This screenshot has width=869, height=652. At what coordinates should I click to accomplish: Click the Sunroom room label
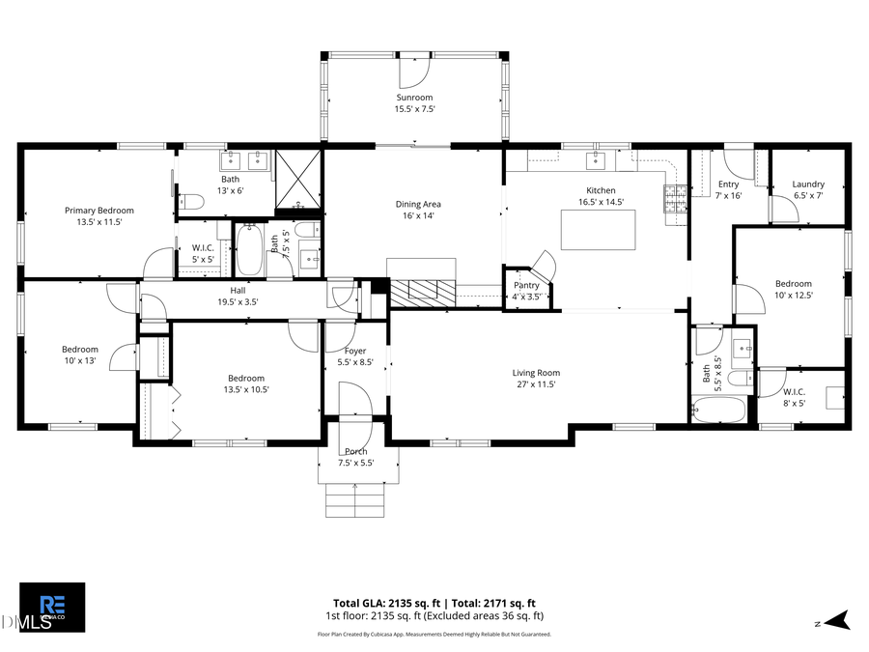(413, 98)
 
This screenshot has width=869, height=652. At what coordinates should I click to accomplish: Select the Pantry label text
(526, 285)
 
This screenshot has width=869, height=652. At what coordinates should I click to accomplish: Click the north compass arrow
(839, 620)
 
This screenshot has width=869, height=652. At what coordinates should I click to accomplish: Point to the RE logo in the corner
(52, 607)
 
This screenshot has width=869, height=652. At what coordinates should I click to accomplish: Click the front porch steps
(356, 500)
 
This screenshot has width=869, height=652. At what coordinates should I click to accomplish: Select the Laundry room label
(808, 184)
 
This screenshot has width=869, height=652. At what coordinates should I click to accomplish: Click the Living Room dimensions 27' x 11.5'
(536, 384)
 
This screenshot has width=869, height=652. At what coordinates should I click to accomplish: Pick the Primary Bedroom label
(98, 211)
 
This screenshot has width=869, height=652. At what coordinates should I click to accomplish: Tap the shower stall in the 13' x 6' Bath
(298, 180)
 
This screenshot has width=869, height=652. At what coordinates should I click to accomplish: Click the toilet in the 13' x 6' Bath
(192, 202)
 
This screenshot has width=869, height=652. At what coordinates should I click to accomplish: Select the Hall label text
(238, 290)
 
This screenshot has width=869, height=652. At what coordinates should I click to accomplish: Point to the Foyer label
(355, 351)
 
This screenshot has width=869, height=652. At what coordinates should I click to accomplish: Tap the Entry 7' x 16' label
(728, 189)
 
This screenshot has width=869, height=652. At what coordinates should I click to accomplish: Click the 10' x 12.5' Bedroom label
(793, 289)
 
